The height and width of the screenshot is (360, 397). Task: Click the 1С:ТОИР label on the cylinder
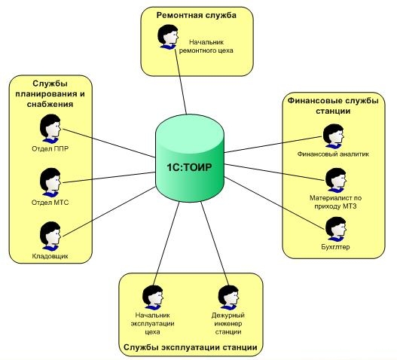(x=189, y=167)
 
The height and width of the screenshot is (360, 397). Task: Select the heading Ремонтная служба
(x=197, y=15)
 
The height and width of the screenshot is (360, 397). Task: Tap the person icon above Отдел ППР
(x=50, y=129)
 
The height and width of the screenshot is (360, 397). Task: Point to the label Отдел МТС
(x=50, y=203)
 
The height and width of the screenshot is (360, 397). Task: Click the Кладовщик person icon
(x=50, y=236)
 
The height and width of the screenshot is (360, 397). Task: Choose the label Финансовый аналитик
(x=333, y=154)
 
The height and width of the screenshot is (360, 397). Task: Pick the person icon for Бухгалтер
(x=336, y=229)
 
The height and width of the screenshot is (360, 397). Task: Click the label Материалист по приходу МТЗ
(x=336, y=202)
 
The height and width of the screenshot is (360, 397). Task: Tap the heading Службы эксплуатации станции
(x=191, y=347)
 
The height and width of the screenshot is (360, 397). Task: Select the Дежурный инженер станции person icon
(x=228, y=297)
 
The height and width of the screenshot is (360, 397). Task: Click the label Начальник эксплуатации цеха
(x=152, y=324)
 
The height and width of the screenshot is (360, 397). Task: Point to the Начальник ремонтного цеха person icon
(x=167, y=37)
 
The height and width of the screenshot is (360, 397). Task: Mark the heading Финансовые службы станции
(x=333, y=106)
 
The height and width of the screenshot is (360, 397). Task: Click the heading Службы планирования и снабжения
(x=50, y=93)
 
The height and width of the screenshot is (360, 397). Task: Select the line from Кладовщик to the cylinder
(x=109, y=212)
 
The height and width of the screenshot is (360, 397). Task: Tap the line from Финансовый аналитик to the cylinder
(x=273, y=145)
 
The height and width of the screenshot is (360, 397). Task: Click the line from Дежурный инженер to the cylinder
(x=215, y=243)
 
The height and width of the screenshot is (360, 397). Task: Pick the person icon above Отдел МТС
(x=50, y=182)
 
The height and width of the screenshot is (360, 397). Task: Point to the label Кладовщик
(x=50, y=256)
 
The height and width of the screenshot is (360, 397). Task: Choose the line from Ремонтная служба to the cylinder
(x=181, y=81)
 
